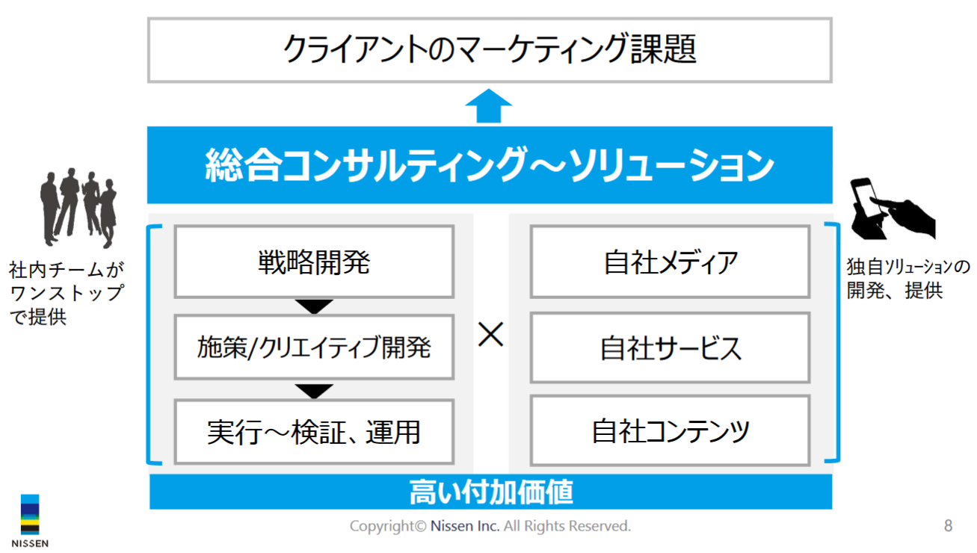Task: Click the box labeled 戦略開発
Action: click(314, 262)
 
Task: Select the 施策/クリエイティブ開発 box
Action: click(314, 347)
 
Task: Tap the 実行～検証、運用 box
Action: click(314, 432)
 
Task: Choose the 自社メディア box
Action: click(670, 262)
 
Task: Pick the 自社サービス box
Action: click(670, 347)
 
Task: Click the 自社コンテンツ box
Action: click(670, 431)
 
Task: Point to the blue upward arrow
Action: click(489, 106)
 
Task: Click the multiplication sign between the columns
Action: click(490, 335)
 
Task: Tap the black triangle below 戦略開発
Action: click(314, 306)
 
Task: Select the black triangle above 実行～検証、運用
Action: click(314, 391)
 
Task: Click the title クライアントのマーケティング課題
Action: click(490, 49)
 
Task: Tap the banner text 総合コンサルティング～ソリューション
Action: click(490, 165)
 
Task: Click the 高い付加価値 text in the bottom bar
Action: click(491, 492)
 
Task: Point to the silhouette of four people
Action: click(78, 208)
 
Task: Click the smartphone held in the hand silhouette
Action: click(866, 197)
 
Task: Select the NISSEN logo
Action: click(30, 521)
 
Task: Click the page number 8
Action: click(948, 525)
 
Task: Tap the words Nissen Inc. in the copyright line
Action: click(465, 526)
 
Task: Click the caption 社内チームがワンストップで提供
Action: click(67, 293)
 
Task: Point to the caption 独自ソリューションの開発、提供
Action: click(908, 278)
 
